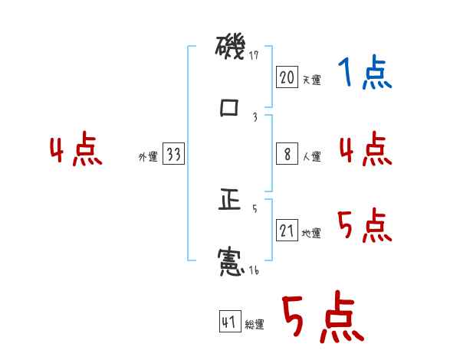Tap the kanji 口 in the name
click(230, 108)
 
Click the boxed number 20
click(287, 77)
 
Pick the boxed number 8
click(287, 154)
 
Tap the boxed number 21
click(287, 230)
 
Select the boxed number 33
click(173, 154)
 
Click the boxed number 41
click(228, 322)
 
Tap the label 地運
click(311, 233)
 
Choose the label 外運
click(148, 157)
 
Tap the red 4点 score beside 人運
click(365, 149)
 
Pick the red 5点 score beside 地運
click(365, 225)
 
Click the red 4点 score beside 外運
click(76, 151)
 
